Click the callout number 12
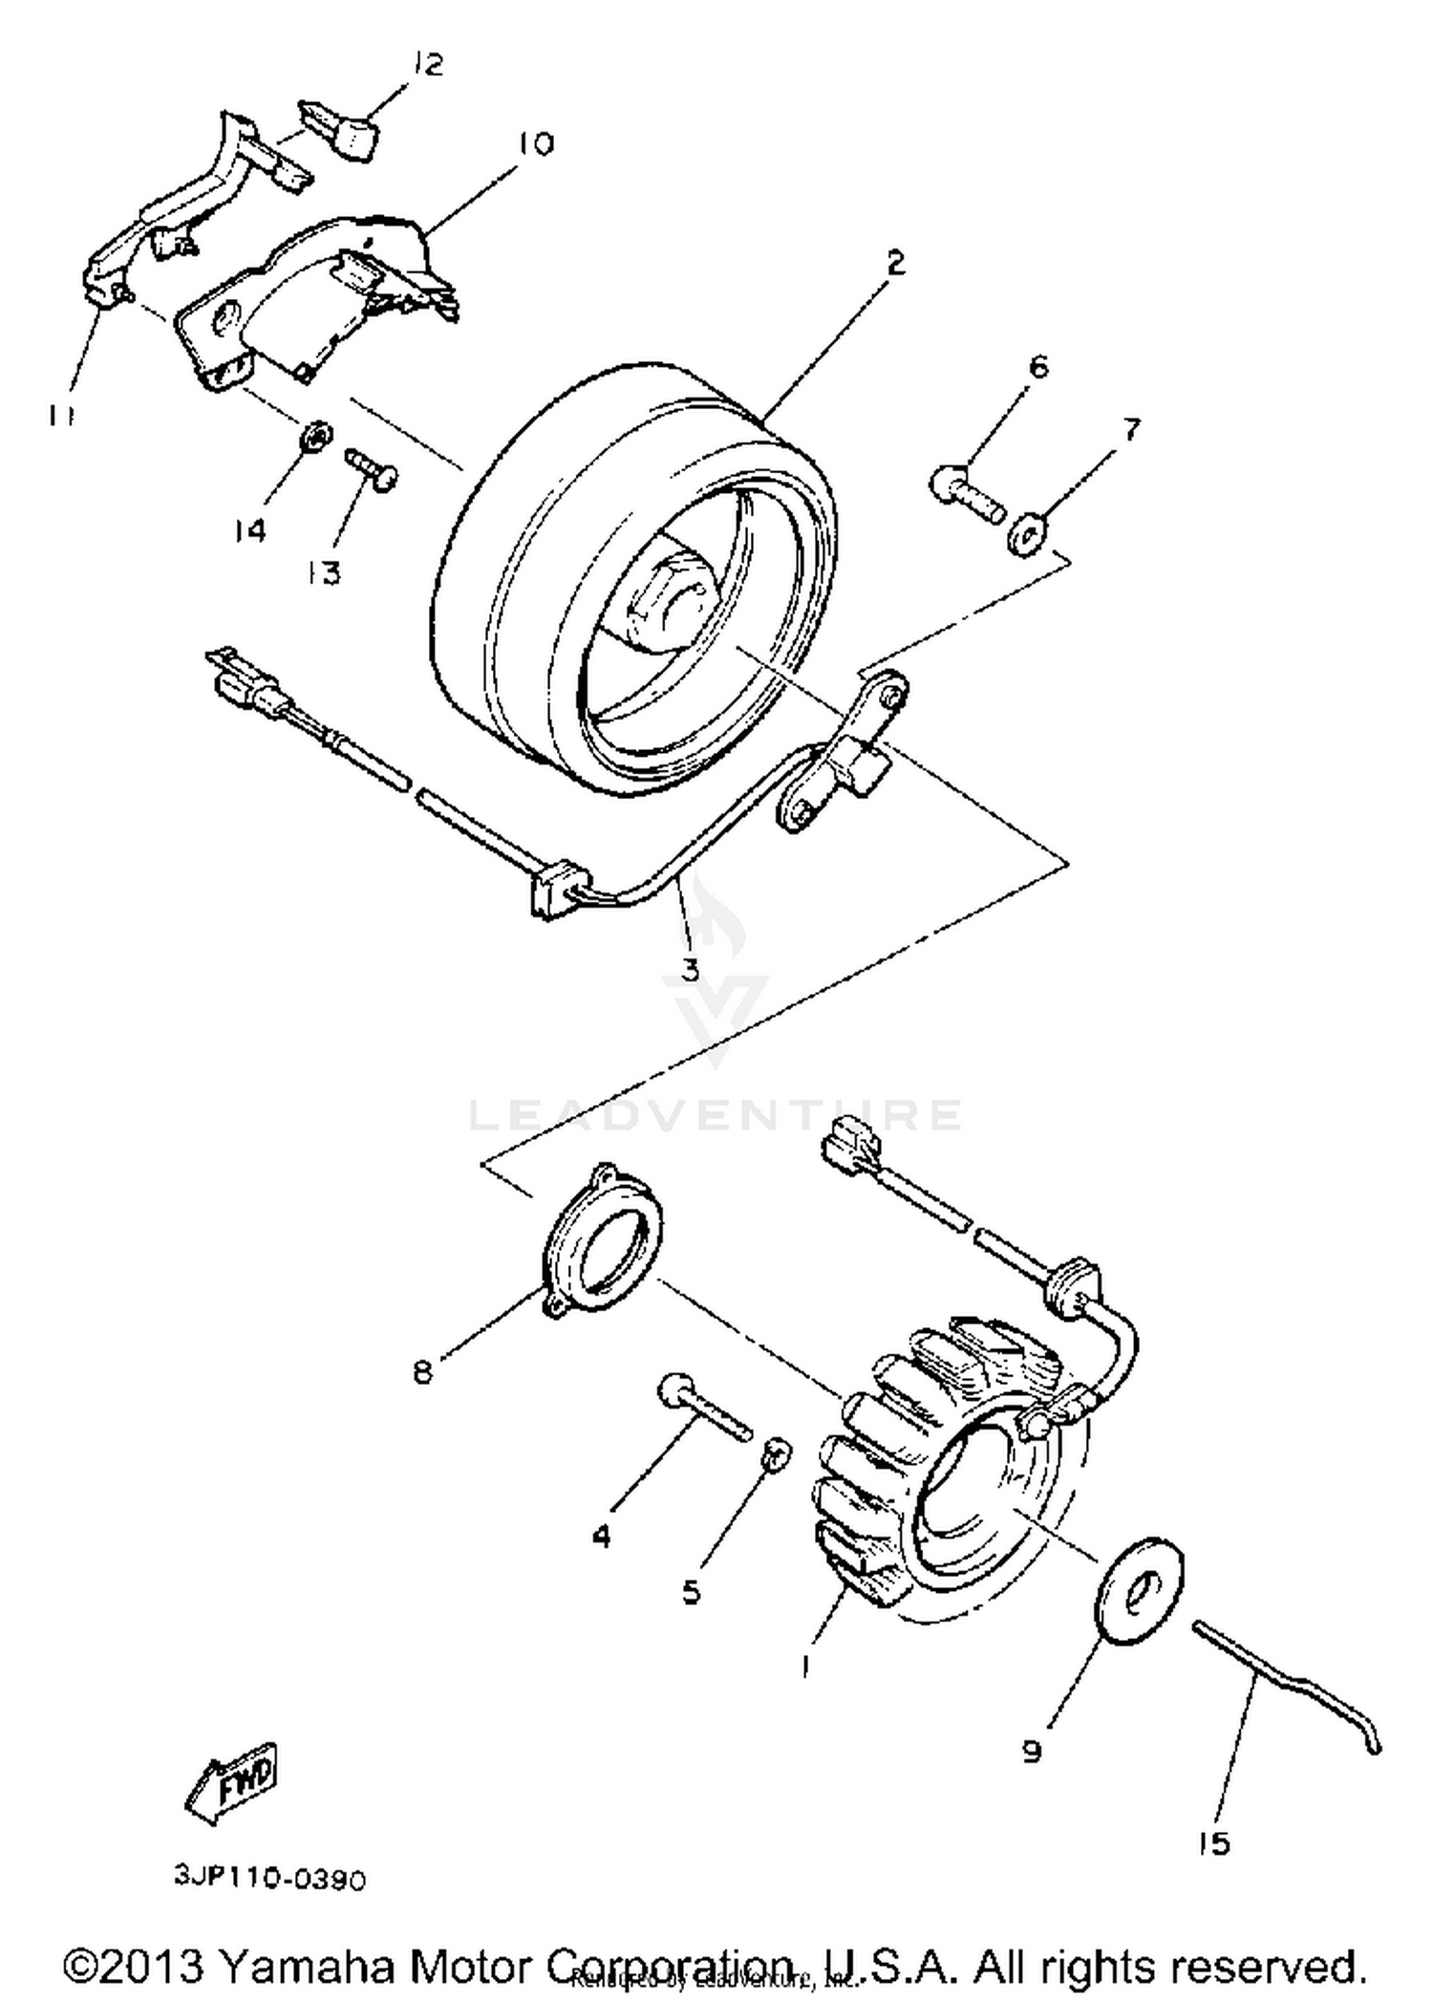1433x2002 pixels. [429, 65]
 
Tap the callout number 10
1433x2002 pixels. [536, 144]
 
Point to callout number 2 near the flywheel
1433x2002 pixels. [895, 263]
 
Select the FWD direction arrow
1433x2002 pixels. [232, 1778]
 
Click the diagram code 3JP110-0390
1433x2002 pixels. [270, 1879]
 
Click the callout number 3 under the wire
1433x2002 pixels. [690, 968]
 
